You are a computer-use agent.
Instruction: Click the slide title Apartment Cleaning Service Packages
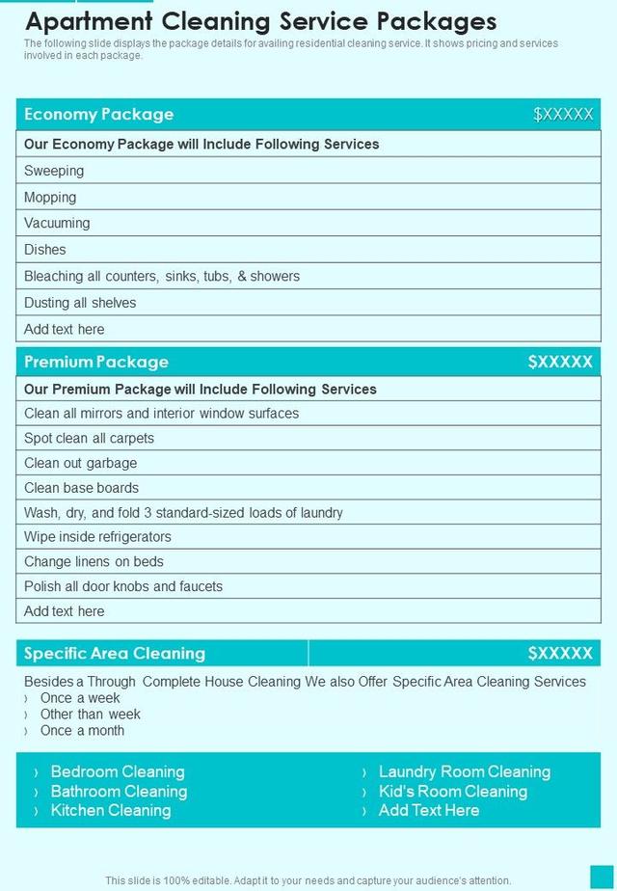coord(260,21)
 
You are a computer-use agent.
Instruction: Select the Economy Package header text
coord(99,115)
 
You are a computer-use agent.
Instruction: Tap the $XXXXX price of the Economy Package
coord(563,115)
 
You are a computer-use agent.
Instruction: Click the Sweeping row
coord(54,171)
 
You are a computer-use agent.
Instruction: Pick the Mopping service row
coord(50,197)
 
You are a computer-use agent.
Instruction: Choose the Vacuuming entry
coord(57,223)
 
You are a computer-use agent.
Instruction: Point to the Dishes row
coord(45,250)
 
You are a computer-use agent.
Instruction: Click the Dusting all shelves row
coord(80,303)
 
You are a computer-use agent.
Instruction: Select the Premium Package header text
coord(96,362)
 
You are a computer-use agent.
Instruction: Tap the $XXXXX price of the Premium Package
coord(560,362)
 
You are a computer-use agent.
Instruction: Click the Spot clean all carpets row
coord(89,438)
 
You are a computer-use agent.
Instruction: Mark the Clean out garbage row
coord(81,463)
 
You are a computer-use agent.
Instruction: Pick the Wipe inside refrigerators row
coord(97,536)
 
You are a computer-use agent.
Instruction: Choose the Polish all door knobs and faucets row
coord(123,586)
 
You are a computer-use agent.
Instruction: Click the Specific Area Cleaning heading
coord(115,653)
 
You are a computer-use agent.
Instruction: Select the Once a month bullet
coord(82,731)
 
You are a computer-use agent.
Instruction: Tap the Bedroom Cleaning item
coord(118,771)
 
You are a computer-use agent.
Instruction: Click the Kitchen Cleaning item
coord(111,810)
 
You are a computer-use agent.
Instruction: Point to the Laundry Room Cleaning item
coord(465,771)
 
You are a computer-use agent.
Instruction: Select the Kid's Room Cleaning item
coord(453,791)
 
